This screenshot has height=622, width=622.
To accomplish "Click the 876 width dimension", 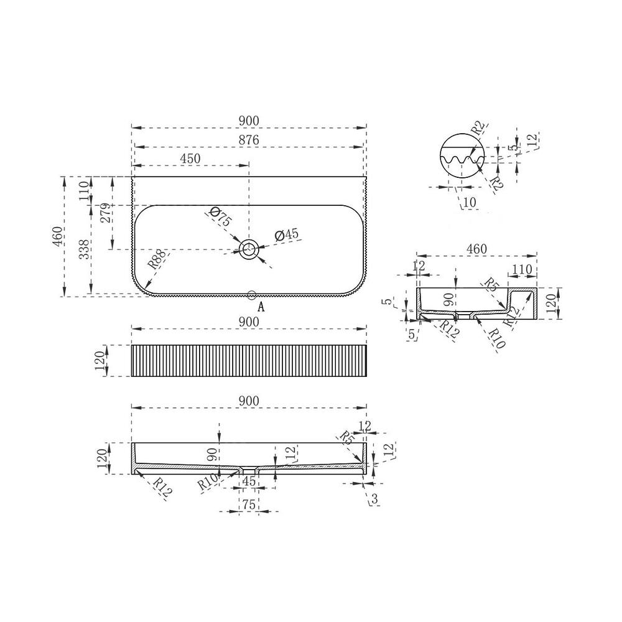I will (249, 139).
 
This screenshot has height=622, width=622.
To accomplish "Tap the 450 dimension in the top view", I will (190, 158).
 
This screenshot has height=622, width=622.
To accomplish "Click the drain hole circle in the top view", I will (249, 249).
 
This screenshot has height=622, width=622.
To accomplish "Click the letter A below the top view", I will (261, 307).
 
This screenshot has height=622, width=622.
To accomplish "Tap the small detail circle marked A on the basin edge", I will (252, 295).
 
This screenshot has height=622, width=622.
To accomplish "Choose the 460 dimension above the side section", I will (476, 249).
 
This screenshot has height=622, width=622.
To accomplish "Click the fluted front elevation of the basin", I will (249, 361).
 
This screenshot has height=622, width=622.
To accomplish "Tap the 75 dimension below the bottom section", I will (249, 505).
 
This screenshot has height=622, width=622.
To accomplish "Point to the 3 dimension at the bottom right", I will (374, 498).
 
